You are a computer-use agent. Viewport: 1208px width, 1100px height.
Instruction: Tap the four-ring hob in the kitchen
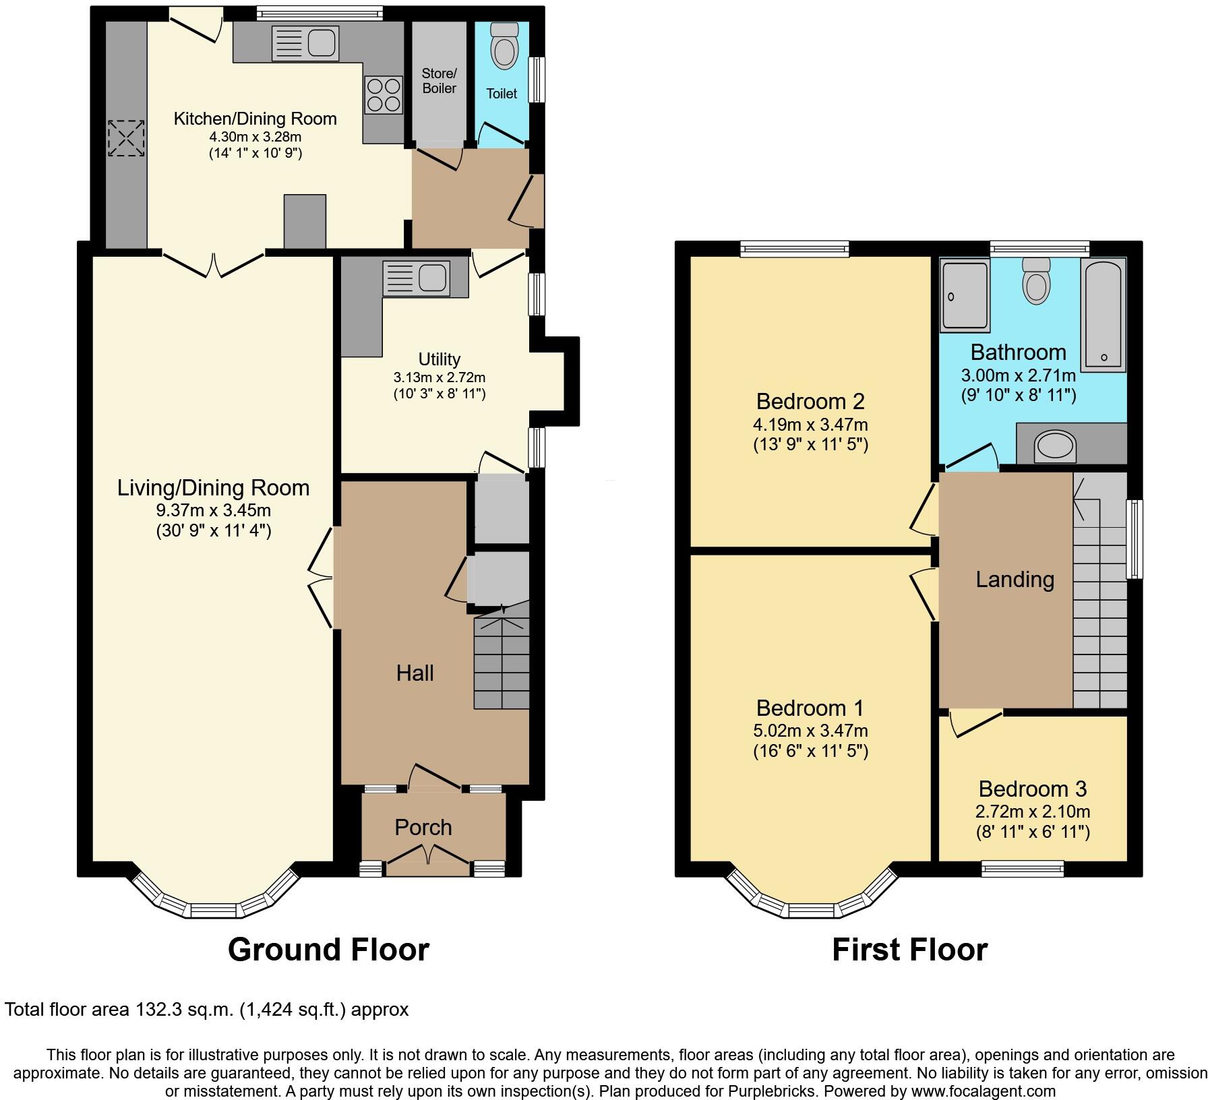point(384,94)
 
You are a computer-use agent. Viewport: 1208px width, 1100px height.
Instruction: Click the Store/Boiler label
point(439,81)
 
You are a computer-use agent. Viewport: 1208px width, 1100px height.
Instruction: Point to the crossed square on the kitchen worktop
point(126,138)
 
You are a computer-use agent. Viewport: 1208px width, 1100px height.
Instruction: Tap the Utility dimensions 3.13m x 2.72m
point(440,377)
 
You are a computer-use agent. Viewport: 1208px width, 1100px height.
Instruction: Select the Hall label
point(415,673)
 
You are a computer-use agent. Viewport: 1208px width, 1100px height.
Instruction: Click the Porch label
point(423,827)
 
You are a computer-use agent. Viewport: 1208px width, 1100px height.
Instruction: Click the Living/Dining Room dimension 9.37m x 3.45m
point(213,510)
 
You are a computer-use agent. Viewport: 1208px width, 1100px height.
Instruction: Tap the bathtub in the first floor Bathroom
point(1103,314)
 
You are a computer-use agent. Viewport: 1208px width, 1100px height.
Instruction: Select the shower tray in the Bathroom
point(965,297)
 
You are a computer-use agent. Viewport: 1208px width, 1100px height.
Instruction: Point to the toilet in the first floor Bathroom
point(1035,282)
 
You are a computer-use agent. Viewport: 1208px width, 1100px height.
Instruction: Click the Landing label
point(1015,580)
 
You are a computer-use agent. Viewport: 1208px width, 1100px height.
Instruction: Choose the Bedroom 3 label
point(1032,789)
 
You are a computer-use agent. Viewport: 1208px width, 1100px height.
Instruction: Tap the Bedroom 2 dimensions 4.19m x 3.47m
point(810,425)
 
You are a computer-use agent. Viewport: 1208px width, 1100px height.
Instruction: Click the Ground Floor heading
point(328,950)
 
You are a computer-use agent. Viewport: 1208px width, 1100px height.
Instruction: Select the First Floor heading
point(909,950)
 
